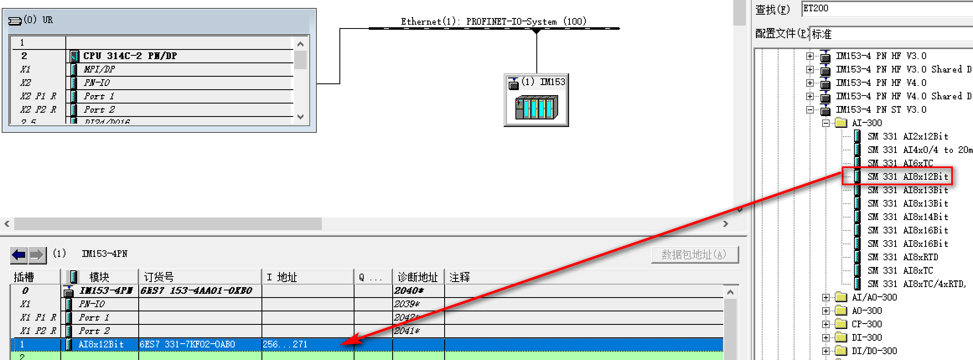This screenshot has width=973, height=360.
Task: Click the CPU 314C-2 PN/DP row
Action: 130,56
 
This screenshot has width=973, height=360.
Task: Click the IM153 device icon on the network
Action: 536,107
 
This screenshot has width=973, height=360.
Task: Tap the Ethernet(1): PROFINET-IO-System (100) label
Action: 493,21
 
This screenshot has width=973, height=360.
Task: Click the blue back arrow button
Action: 19,254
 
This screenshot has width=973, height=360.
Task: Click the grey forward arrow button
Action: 37,254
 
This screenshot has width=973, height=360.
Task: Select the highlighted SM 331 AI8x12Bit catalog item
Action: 908,176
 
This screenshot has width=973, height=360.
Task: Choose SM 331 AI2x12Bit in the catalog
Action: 908,136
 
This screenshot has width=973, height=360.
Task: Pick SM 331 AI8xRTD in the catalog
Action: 903,257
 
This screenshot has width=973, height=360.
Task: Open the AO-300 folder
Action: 867,311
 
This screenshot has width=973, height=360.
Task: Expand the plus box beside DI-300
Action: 825,337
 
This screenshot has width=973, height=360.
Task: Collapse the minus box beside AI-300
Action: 825,123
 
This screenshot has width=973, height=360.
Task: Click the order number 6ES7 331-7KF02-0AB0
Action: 187,344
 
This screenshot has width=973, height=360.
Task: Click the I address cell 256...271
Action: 285,344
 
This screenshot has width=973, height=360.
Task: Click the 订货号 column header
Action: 159,277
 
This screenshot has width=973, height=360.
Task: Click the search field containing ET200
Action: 884,9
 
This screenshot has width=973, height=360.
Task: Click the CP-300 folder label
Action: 867,324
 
